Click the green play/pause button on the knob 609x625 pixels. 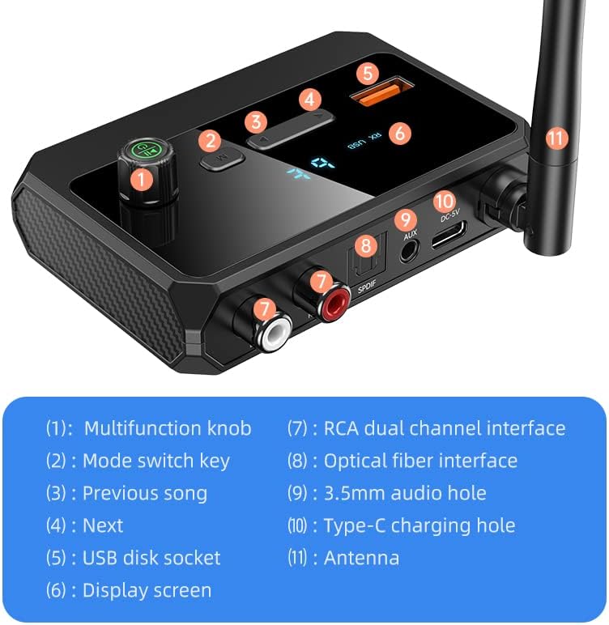(146, 151)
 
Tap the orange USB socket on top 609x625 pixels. (381, 92)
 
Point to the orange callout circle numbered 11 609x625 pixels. (556, 138)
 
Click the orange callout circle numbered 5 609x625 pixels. (368, 73)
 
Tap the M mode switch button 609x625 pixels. (222, 159)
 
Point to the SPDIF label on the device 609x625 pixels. (367, 287)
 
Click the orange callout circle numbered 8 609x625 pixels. (366, 244)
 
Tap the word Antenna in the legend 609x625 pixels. (361, 558)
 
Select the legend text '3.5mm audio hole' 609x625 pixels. (405, 493)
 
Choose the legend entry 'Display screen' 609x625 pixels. (147, 590)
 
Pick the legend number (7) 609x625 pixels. (297, 428)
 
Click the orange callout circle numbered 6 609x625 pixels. (400, 133)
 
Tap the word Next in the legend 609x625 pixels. (103, 525)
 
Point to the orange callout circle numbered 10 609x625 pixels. (445, 201)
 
